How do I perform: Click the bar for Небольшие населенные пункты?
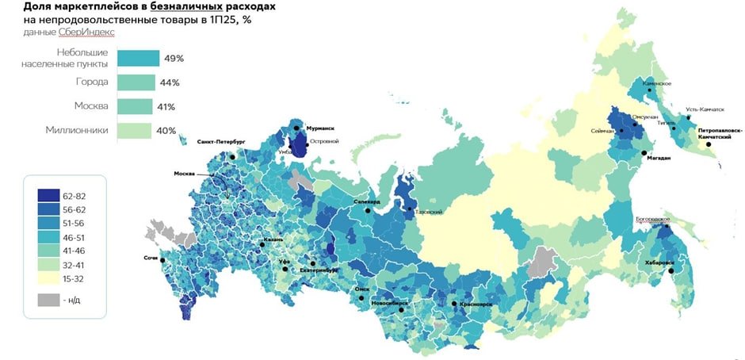click(138, 58)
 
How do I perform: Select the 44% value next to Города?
click(170, 82)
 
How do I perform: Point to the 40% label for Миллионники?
click(166, 131)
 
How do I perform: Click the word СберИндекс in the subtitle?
click(86, 33)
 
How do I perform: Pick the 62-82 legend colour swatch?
click(49, 194)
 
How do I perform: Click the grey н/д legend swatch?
click(49, 300)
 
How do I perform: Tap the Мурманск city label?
click(320, 128)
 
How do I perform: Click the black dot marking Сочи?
click(162, 260)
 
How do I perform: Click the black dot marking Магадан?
click(644, 152)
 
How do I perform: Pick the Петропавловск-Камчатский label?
click(720, 132)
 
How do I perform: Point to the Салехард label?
click(368, 202)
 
